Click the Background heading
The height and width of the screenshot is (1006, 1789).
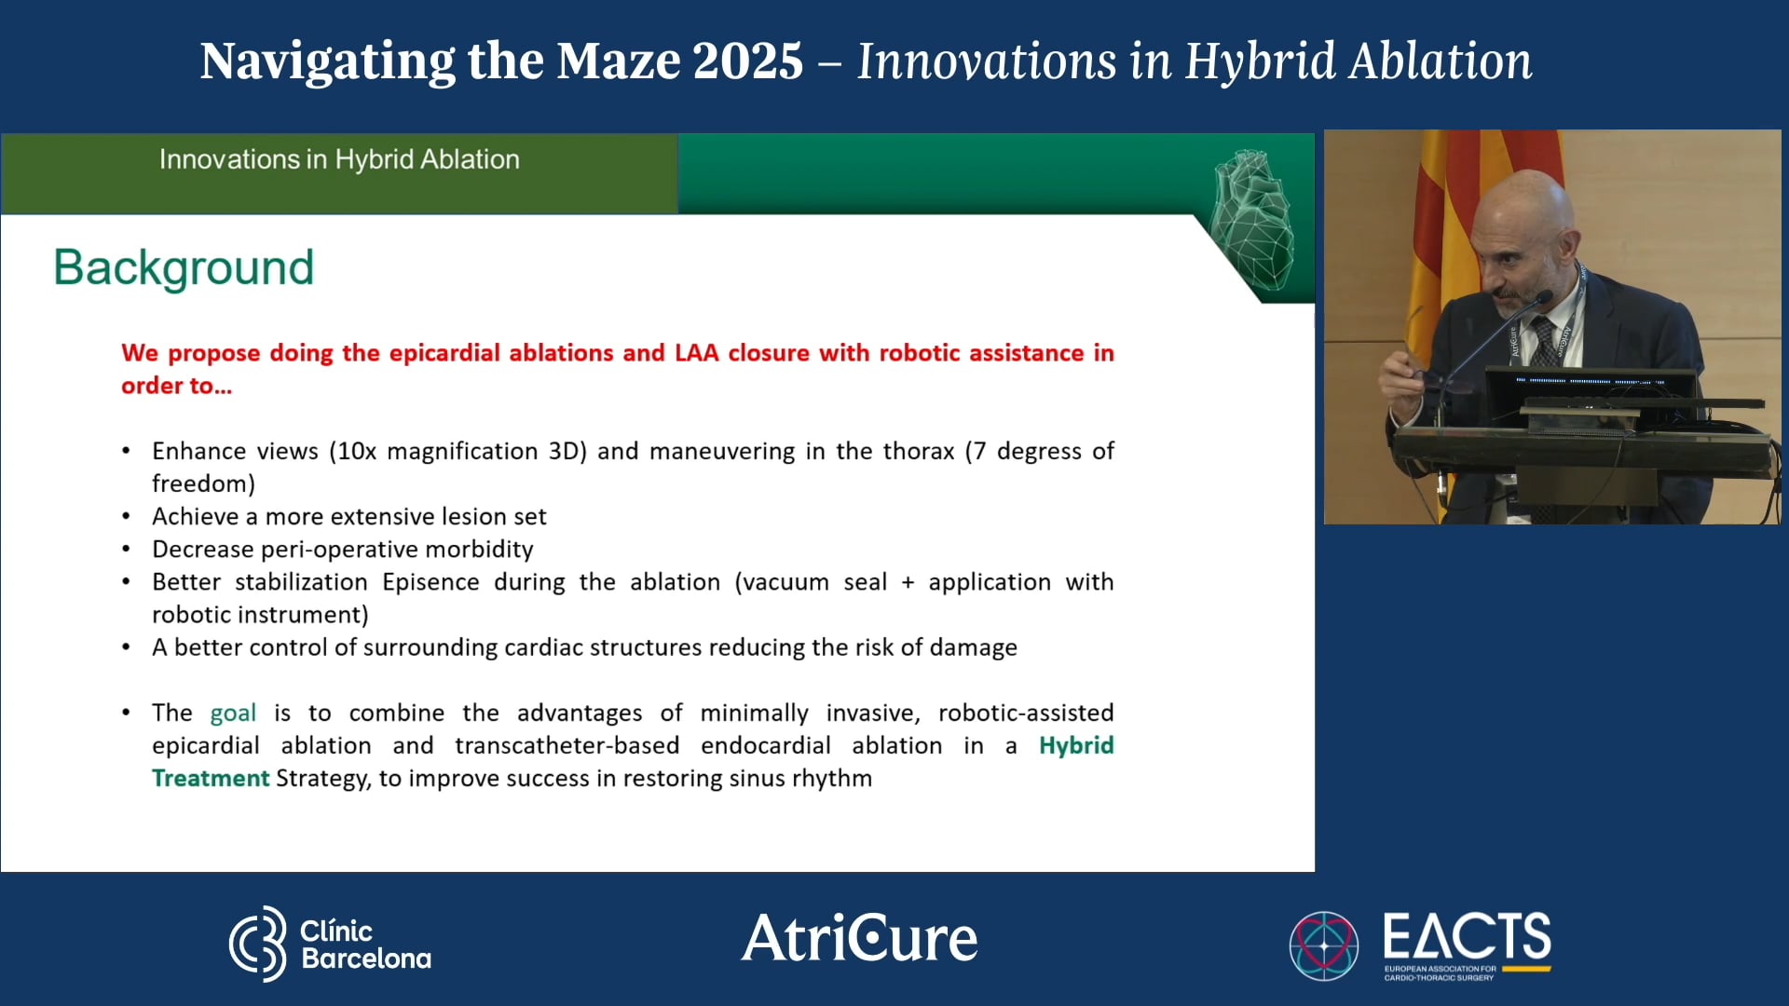pos(184,268)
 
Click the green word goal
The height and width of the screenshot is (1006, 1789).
pos(233,714)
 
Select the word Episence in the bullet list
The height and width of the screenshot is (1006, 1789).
pos(430,582)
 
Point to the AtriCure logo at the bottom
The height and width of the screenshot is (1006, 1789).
pos(859,938)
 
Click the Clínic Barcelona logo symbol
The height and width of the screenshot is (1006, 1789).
pos(258,944)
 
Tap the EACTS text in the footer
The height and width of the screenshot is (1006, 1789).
pos(1467,936)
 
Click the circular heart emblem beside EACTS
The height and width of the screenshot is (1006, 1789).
pos(1323,945)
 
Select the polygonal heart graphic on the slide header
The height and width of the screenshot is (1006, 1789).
pos(1252,220)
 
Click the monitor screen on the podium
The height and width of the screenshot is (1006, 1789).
pos(1590,383)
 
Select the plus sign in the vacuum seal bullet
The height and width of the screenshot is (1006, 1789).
pos(908,583)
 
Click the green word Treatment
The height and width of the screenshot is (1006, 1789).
pos(211,779)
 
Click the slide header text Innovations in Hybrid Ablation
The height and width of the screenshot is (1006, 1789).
pos(339,160)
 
